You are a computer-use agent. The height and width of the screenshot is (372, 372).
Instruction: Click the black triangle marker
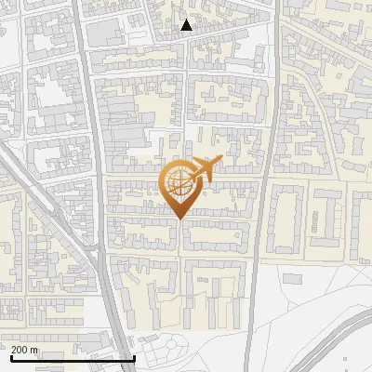point(187,25)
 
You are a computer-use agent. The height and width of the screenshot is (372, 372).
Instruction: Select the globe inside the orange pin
point(178,181)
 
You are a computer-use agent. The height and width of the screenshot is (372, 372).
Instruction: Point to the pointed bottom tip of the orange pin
point(178,219)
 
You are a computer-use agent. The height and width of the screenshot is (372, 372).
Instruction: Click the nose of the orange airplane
point(220,161)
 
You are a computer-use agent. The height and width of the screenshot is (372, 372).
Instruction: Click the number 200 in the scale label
point(20,350)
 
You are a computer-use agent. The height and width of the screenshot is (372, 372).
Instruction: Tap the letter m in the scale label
point(35,350)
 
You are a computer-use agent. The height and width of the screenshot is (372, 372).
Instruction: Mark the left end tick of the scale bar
point(11,357)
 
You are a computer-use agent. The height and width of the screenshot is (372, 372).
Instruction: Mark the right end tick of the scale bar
point(135,357)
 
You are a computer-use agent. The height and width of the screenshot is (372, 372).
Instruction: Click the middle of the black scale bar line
point(73,358)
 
